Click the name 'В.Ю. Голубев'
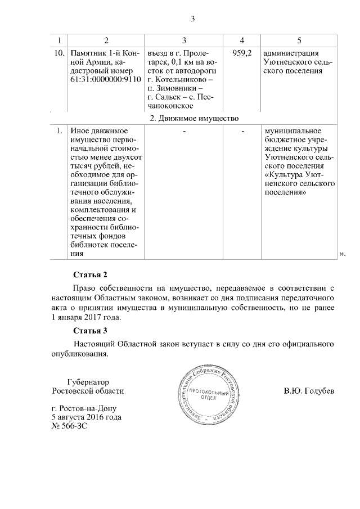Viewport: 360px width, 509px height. point(309,390)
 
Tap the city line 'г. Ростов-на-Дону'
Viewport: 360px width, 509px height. point(84,408)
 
